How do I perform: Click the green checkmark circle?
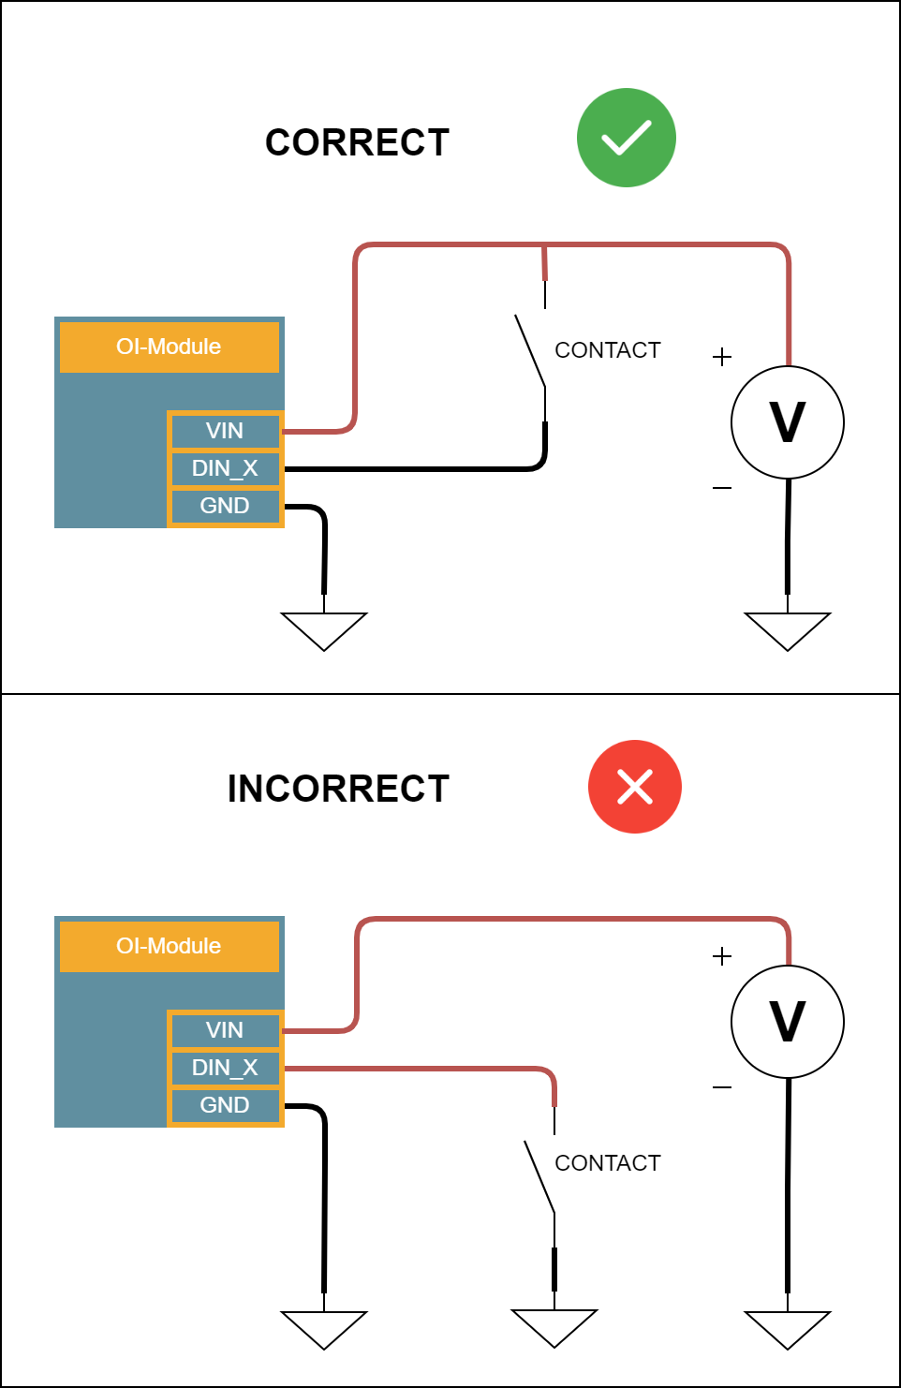[626, 138]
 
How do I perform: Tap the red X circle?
[634, 787]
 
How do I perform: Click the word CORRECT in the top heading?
[357, 142]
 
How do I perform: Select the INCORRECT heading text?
[338, 789]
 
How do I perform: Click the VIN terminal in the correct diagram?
[225, 431]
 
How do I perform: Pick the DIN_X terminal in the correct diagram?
[225, 468]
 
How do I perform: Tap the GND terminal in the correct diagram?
[225, 506]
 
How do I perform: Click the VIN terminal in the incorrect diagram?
[225, 1030]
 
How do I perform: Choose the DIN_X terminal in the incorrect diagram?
[225, 1068]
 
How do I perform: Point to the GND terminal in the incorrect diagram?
[225, 1105]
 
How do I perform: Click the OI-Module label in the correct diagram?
[169, 347]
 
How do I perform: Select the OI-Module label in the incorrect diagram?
[169, 946]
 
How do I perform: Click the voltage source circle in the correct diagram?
[787, 422]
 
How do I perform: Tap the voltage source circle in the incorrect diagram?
[787, 1022]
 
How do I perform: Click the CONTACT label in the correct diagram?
[607, 350]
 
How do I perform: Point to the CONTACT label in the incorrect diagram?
[607, 1163]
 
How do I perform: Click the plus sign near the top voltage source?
[721, 357]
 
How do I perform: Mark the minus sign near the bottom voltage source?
[721, 1087]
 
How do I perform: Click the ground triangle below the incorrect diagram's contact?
[554, 1325]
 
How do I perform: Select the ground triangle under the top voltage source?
[787, 628]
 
